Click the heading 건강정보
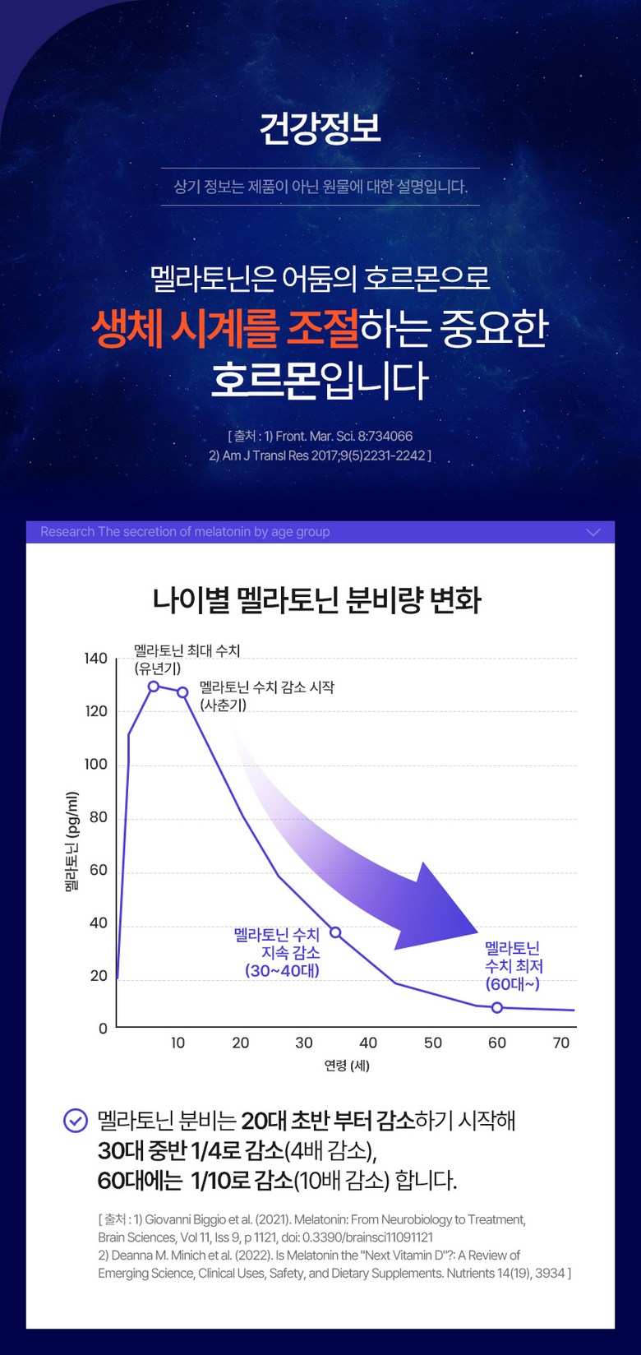click(x=320, y=128)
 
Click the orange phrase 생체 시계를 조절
click(x=224, y=329)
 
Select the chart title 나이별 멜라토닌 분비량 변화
click(x=317, y=599)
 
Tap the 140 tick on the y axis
click(x=96, y=659)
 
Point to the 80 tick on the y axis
click(x=99, y=817)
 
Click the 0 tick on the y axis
click(x=103, y=1029)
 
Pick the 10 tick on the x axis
click(x=178, y=1043)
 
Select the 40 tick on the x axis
click(x=368, y=1043)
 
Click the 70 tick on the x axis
click(x=561, y=1043)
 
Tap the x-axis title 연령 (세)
click(x=347, y=1066)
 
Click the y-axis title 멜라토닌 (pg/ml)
click(x=72, y=842)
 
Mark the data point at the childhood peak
click(x=154, y=687)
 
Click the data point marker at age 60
click(x=496, y=1007)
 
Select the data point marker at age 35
click(x=335, y=932)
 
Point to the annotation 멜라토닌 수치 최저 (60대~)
click(x=514, y=966)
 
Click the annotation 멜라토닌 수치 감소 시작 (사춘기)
click(x=266, y=696)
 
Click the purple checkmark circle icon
click(x=76, y=1121)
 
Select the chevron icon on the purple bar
click(x=593, y=532)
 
